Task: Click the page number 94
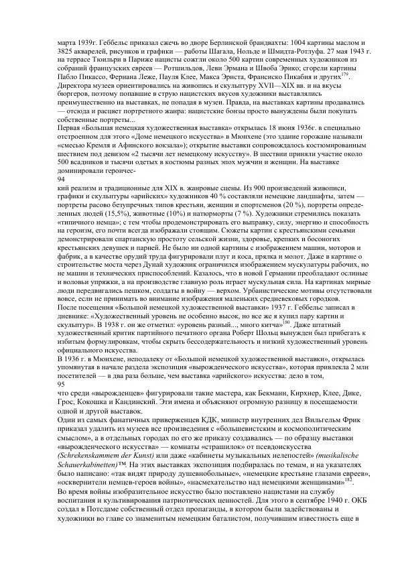tap(61, 180)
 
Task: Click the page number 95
tap(61, 385)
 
